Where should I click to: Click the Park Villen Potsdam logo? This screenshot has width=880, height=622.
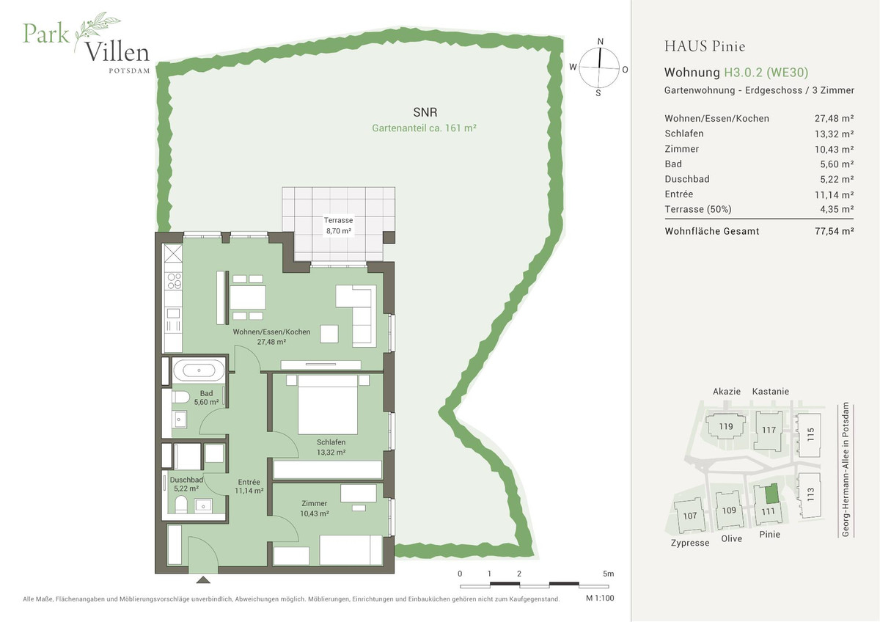click(87, 43)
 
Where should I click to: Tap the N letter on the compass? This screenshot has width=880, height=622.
click(600, 42)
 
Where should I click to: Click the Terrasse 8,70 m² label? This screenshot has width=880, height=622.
click(338, 225)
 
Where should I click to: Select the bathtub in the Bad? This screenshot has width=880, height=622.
click(199, 370)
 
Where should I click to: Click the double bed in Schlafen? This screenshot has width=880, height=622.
click(328, 405)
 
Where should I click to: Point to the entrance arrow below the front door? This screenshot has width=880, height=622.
click(203, 579)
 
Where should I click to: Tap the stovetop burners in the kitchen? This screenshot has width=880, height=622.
click(174, 281)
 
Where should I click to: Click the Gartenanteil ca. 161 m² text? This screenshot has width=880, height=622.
click(425, 128)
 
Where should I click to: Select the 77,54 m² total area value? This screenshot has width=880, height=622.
click(834, 231)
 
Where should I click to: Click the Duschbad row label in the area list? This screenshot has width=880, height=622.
click(686, 179)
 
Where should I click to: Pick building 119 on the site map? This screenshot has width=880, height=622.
click(725, 427)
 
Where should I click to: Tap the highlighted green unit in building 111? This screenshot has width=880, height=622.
click(771, 494)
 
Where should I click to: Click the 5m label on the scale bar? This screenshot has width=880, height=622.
click(608, 574)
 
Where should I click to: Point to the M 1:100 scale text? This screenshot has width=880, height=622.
click(600, 598)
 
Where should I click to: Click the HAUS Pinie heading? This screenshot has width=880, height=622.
click(705, 46)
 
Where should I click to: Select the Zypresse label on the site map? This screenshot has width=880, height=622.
click(690, 543)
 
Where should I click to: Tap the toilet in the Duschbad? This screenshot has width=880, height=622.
click(181, 505)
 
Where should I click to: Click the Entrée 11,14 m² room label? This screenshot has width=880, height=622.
click(249, 486)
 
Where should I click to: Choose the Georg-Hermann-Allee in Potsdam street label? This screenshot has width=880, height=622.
click(846, 469)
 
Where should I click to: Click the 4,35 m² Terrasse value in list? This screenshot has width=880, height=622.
click(837, 209)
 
